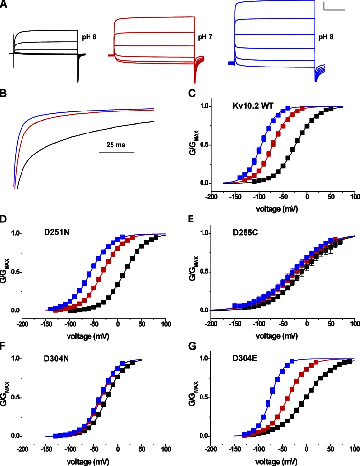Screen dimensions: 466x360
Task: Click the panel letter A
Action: pyautogui.click(x=4, y=4)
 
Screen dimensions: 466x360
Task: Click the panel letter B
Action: pyautogui.click(x=4, y=98)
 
